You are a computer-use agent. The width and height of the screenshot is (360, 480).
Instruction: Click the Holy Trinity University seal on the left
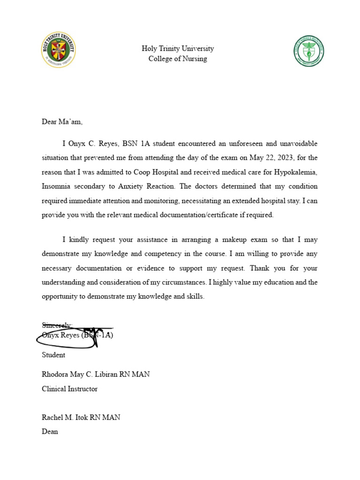tap(58, 50)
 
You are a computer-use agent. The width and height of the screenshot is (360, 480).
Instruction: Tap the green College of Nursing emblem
tap(309, 51)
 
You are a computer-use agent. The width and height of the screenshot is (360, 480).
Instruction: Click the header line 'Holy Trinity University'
tap(178, 49)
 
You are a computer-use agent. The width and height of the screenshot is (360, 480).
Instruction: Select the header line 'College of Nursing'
tap(178, 59)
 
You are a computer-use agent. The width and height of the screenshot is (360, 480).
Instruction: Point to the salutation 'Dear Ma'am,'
tap(62, 122)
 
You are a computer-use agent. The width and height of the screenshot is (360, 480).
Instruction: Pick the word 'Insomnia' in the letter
tap(56, 187)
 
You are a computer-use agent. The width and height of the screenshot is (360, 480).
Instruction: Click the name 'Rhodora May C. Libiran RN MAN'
tap(96, 375)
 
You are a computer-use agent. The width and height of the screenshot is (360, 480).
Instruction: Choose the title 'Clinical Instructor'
tap(70, 389)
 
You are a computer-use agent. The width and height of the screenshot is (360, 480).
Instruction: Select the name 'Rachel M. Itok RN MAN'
tap(81, 417)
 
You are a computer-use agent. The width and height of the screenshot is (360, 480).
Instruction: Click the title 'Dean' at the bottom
tap(50, 432)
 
